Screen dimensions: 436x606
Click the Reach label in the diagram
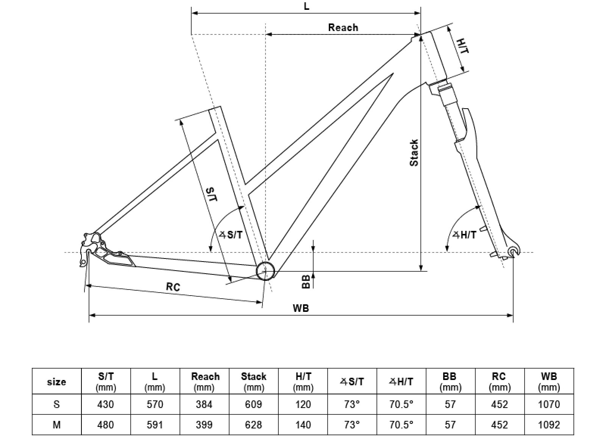(343, 28)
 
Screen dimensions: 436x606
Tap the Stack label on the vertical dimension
(414, 153)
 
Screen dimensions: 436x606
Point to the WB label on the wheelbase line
(301, 308)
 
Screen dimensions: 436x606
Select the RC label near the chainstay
(173, 287)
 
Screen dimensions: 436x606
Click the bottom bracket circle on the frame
(266, 271)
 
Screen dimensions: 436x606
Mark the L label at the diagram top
(307, 6)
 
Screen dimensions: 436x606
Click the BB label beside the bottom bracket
(306, 282)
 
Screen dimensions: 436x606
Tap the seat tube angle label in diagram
(231, 235)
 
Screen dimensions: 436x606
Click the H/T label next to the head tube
(462, 46)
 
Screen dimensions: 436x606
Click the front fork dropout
(513, 252)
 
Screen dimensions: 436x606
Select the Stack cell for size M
(253, 425)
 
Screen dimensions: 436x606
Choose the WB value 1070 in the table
(549, 405)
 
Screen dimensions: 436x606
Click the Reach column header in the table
(205, 381)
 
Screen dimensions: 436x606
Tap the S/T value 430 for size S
(106, 405)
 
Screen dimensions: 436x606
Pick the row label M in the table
(56, 425)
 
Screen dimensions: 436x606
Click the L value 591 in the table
(155, 425)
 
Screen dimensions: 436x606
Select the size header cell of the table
(56, 382)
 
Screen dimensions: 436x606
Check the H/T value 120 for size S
(303, 405)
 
